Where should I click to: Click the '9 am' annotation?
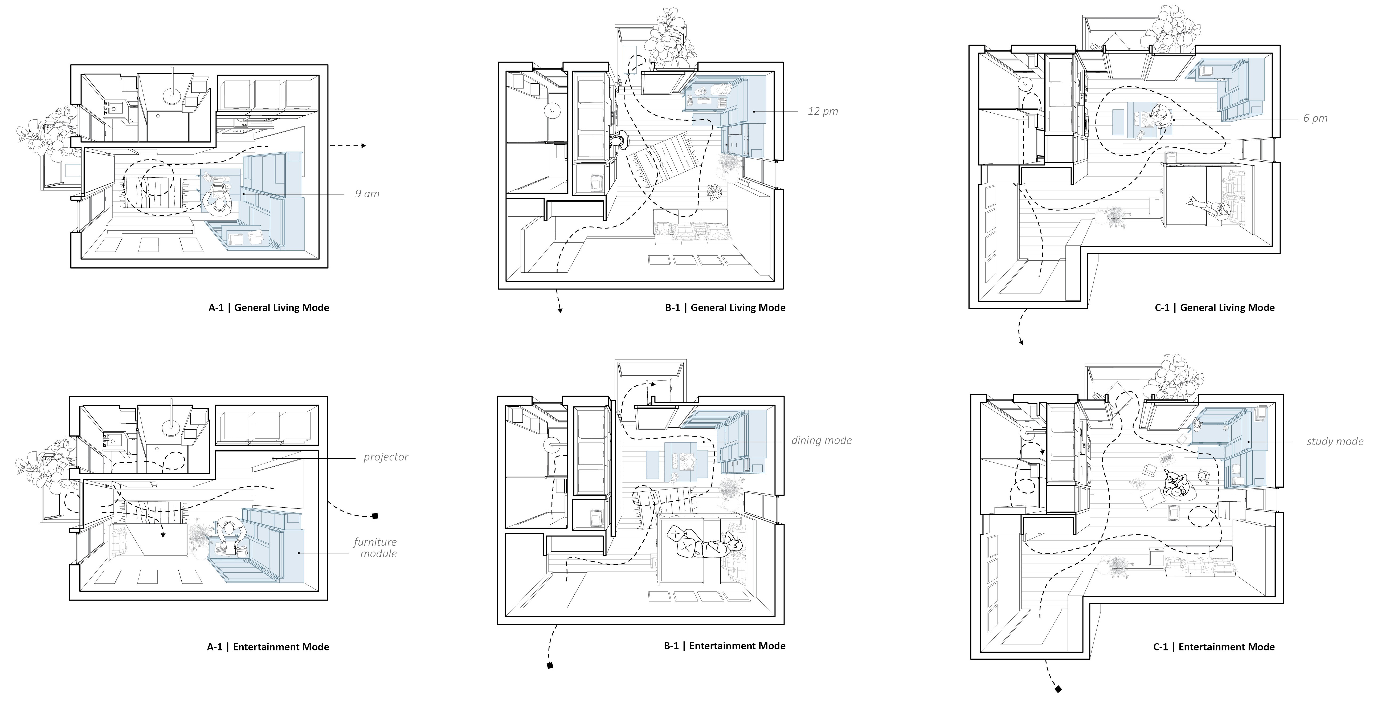coord(367,194)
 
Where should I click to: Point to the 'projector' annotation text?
coord(385,457)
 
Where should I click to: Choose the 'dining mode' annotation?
coord(821,441)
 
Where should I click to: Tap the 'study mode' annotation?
coord(1335,442)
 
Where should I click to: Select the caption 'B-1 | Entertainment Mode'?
coord(725,646)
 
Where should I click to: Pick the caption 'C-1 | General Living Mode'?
coord(1215,307)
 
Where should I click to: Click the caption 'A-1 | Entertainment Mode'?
coord(268,647)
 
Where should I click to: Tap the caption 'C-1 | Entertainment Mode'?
coord(1214,647)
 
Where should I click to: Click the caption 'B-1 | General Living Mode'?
coord(725,307)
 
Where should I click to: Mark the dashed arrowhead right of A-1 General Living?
coord(363,145)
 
